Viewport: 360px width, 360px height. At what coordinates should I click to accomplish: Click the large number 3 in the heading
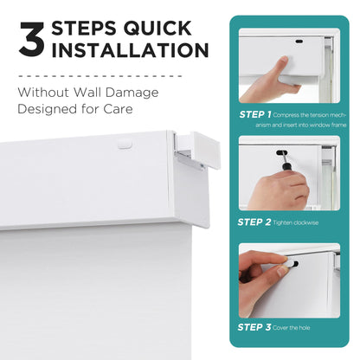click(x=31, y=41)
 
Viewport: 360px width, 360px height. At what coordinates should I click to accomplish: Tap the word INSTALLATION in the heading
click(x=130, y=51)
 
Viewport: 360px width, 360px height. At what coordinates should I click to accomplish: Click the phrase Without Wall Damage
click(x=85, y=91)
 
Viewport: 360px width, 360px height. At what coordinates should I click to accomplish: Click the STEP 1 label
click(x=254, y=114)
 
